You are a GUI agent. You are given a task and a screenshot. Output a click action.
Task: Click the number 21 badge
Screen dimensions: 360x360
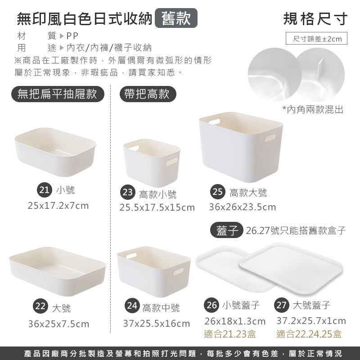44,190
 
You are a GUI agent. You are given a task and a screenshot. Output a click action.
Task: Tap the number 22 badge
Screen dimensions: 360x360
40,307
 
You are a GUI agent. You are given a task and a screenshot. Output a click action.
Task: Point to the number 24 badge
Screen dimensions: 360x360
132,306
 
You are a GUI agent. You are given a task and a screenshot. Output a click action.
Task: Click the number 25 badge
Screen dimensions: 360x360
218,192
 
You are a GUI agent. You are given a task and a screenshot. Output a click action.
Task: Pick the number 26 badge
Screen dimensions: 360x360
211,305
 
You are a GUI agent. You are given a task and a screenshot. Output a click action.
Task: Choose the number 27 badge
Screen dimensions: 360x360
281,305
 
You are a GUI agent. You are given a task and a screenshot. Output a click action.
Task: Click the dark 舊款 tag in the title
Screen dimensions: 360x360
176,18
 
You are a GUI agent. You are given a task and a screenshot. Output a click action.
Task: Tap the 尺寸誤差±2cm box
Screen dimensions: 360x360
317,39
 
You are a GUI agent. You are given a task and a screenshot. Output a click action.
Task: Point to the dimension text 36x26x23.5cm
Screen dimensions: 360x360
242,207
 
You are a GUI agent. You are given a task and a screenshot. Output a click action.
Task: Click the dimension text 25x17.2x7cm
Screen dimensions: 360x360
58,206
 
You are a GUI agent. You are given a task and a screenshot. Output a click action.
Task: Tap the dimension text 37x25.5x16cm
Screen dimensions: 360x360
157,324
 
